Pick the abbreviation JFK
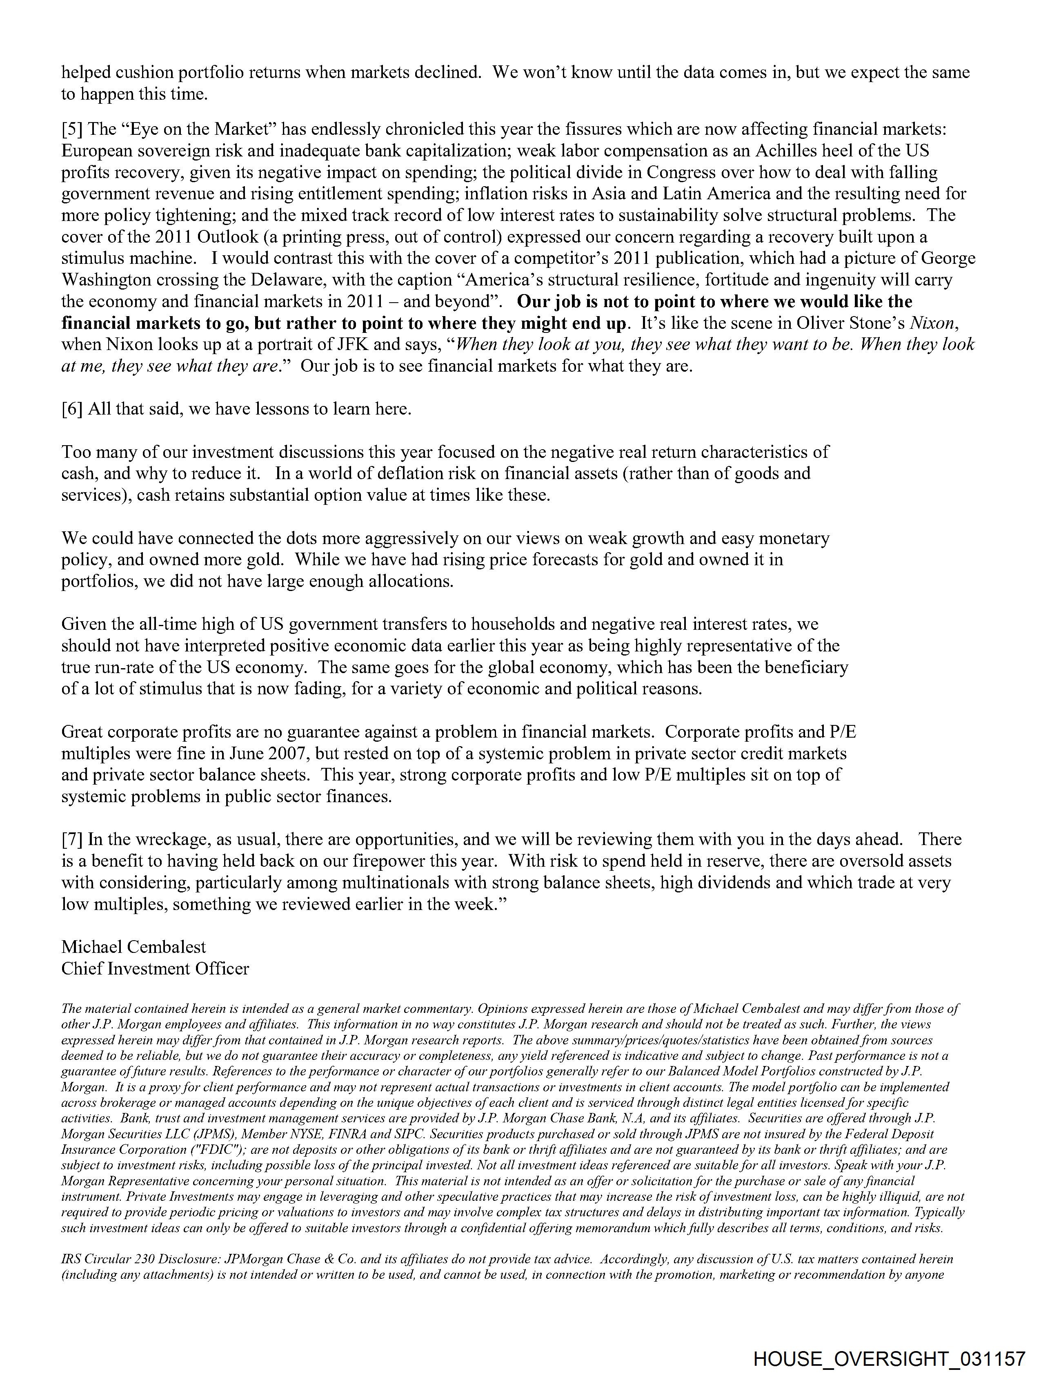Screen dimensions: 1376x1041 point(325,345)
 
